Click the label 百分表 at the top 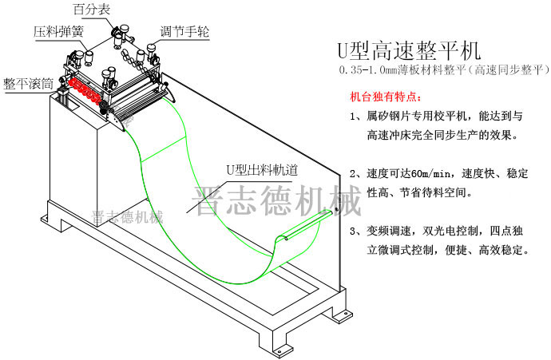[x=92, y=10]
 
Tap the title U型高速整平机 [x=409, y=51]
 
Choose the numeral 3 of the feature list [x=354, y=231]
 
